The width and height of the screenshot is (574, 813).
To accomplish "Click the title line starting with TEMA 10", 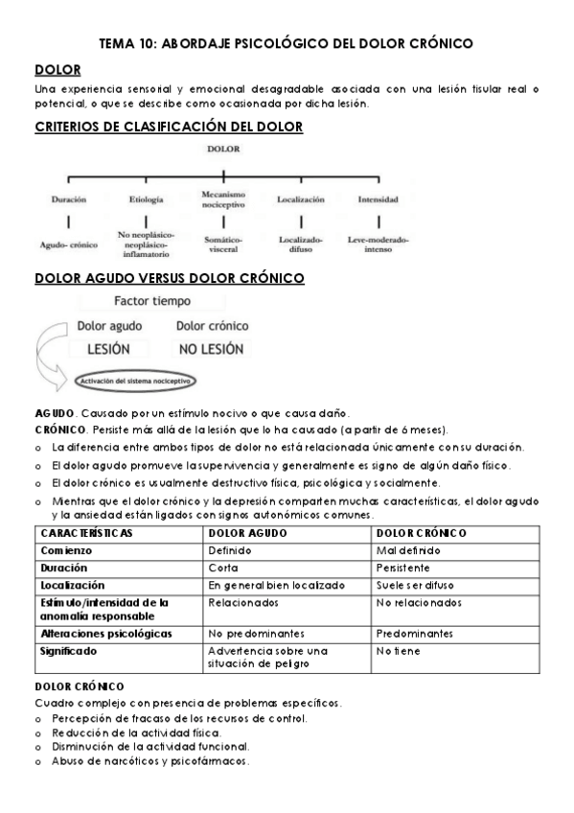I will tap(287, 43).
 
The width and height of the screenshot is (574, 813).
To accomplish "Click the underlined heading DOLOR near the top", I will tap(57, 70).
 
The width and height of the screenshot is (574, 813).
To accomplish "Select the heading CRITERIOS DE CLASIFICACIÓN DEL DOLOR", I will tap(169, 127).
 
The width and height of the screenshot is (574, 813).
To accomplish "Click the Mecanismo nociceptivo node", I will tap(223, 198).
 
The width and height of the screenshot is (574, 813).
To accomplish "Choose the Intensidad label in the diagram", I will tap(378, 199).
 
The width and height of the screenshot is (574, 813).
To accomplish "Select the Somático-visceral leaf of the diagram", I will tap(223, 244).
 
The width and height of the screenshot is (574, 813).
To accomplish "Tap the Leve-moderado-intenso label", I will tap(378, 244).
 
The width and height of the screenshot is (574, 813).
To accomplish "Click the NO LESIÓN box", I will tap(211, 349).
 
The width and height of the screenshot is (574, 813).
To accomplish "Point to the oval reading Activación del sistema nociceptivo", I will tap(134, 382).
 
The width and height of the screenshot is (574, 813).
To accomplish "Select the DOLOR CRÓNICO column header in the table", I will tap(422, 533).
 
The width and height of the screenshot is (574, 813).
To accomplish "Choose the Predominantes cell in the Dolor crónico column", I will tap(415, 634).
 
